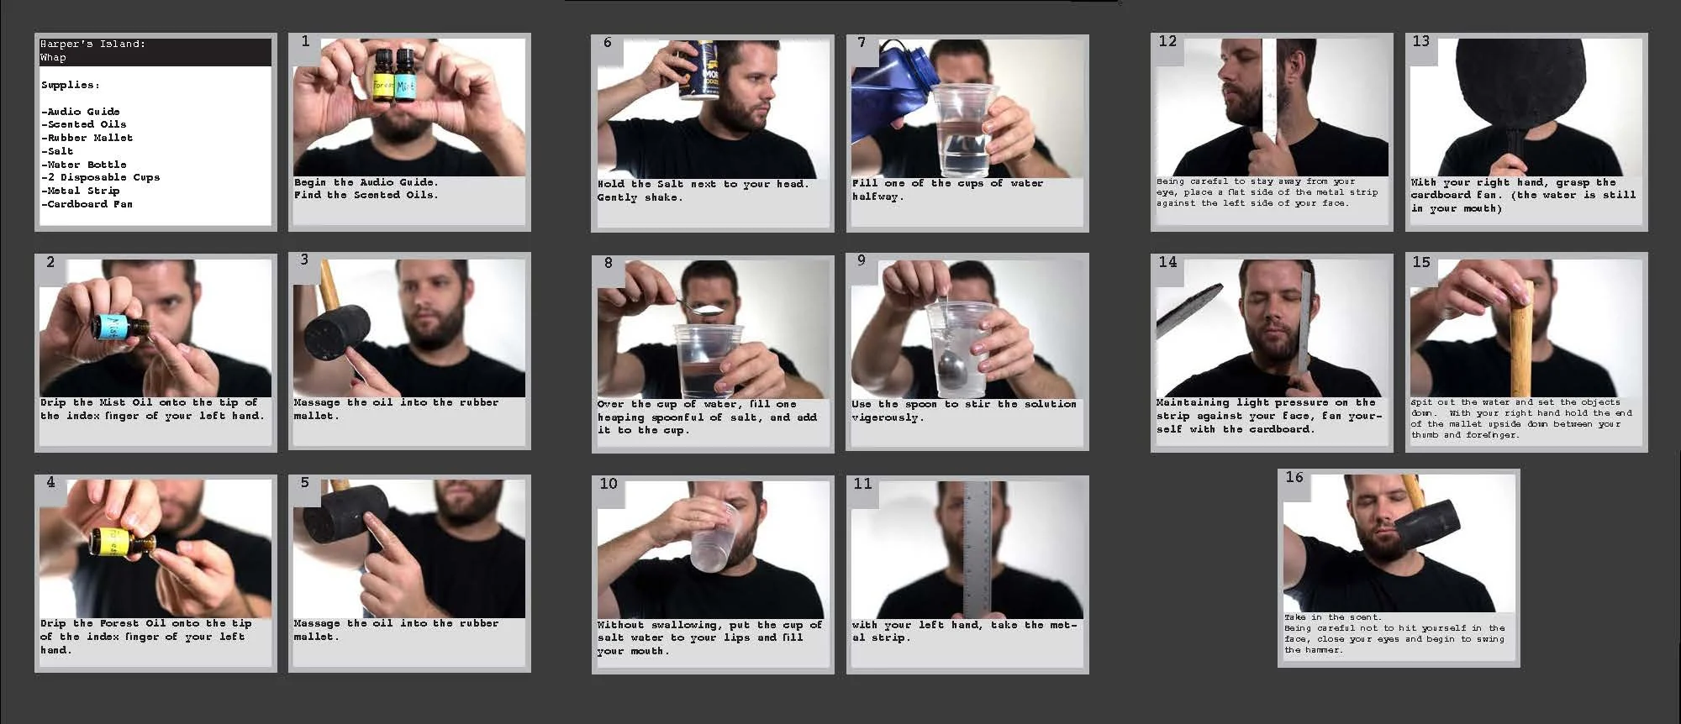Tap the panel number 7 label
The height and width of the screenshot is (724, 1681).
click(862, 42)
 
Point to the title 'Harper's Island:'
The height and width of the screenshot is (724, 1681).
click(93, 44)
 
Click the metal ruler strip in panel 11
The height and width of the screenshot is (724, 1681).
click(975, 546)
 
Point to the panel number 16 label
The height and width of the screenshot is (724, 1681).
click(1294, 477)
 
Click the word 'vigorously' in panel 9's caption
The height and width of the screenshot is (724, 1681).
click(887, 417)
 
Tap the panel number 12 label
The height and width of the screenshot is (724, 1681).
click(1167, 41)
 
